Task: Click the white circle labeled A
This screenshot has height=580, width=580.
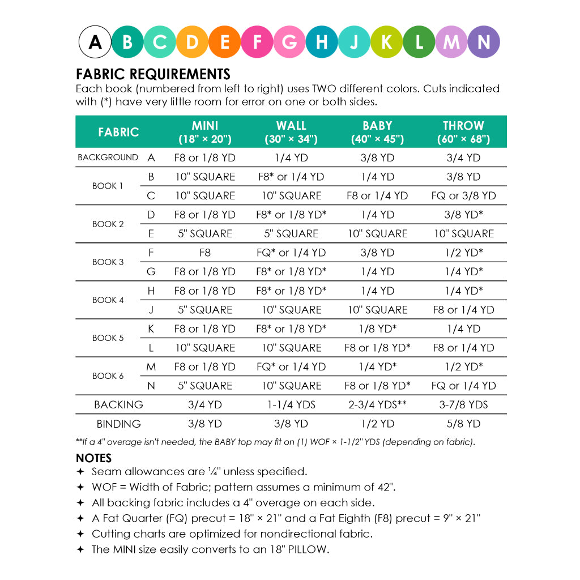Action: point(95,42)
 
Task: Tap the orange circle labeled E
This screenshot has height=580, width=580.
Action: point(225,42)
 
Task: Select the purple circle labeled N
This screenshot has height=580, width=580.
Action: point(483,42)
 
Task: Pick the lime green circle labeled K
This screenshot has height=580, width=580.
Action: point(387,42)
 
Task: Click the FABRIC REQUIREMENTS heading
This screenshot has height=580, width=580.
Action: point(153,74)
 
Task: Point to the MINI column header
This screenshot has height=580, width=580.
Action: point(204,131)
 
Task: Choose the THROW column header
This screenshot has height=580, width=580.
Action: point(463,131)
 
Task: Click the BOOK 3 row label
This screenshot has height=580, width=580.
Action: point(108,262)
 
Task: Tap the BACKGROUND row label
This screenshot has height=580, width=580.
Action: point(108,157)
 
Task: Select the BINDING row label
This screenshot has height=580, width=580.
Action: point(118,424)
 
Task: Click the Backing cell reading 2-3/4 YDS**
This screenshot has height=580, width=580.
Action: point(377,405)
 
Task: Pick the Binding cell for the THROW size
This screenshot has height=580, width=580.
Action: point(463,424)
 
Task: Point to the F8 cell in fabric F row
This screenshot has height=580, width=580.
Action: point(204,253)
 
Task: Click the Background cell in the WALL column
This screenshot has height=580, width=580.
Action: point(291,158)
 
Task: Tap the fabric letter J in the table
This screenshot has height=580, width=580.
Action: point(151,310)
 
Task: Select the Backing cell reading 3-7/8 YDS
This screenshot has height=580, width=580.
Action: point(463,405)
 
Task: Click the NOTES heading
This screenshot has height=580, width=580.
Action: point(94,458)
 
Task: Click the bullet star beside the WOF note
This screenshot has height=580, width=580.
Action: point(80,487)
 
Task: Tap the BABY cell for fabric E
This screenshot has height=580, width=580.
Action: point(377,234)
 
